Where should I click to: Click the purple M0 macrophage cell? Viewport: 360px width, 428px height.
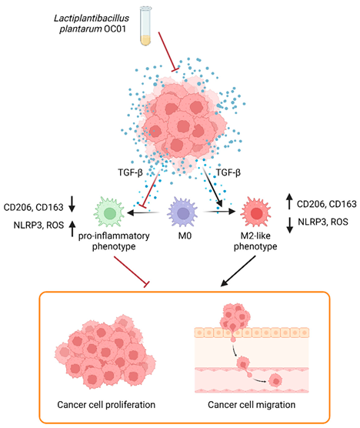[x=182, y=210]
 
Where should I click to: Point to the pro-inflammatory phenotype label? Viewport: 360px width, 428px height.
[x=111, y=242]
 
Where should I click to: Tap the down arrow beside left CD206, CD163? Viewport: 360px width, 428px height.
[x=71, y=204]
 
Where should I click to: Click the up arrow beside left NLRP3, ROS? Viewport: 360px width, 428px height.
[x=71, y=225]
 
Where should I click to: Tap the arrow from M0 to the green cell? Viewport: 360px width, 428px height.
[x=146, y=211]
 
